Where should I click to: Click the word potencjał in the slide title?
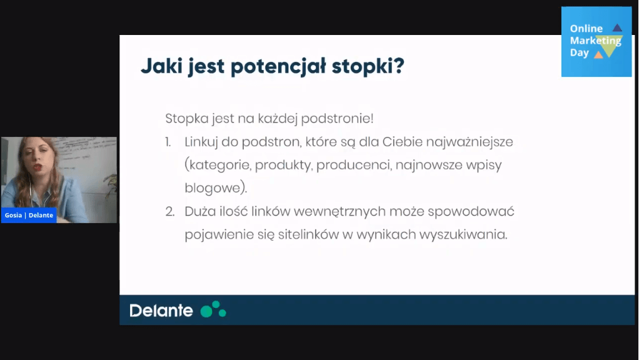point(278,66)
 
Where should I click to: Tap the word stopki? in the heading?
point(368,66)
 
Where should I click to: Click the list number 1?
point(168,142)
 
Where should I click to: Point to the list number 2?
point(169,211)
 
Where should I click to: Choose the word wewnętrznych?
point(340,212)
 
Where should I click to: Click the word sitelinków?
point(308,234)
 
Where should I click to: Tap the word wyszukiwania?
point(463,235)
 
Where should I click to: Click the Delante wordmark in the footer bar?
point(161,311)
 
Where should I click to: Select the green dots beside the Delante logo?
point(213,309)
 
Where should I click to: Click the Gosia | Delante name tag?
point(29,215)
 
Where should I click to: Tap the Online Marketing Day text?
point(595,41)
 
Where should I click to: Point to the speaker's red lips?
point(38,166)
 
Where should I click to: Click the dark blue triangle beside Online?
point(617,27)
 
